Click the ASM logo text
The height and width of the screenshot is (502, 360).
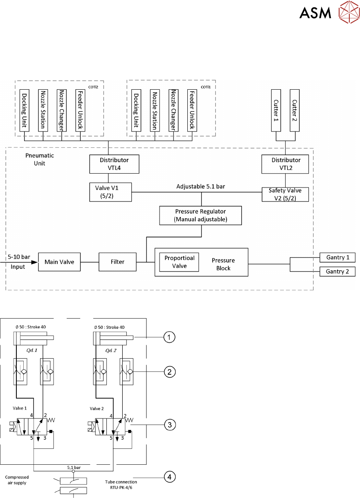315,13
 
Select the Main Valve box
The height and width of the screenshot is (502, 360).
59,262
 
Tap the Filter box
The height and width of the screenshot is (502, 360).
117,262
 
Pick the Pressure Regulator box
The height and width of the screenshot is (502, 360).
200,215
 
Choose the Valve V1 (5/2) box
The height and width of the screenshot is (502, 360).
110,192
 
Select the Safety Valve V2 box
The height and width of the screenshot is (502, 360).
285,194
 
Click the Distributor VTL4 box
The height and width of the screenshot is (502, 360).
115,164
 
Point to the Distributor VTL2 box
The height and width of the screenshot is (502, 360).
285,163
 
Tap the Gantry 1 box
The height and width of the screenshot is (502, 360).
337,258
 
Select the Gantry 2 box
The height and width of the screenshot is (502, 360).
337,271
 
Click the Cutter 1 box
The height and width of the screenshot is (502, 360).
277,110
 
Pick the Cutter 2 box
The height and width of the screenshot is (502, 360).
295,110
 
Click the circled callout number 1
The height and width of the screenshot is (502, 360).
169,337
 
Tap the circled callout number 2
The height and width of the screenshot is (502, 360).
169,372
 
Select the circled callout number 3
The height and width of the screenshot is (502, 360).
169,425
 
